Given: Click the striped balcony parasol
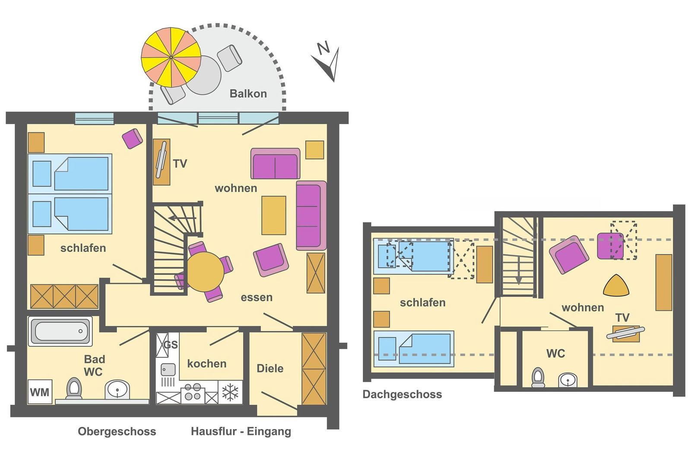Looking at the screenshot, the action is (x=171, y=57).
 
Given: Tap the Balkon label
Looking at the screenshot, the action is (x=248, y=93).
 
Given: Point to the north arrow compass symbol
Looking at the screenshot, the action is (x=327, y=62).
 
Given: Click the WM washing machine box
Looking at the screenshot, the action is (x=40, y=392).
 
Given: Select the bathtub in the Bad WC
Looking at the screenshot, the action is (x=60, y=331).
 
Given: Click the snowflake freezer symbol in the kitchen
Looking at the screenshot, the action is (x=230, y=392).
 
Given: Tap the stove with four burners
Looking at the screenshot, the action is (x=193, y=393).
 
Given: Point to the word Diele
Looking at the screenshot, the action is (x=270, y=368).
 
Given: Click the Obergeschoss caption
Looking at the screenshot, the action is (x=117, y=431).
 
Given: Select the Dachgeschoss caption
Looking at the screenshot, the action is (x=402, y=394).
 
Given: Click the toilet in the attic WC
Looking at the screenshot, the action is (x=538, y=377).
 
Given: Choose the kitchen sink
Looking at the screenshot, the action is (x=168, y=370).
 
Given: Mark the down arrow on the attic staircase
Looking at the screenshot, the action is (x=519, y=270).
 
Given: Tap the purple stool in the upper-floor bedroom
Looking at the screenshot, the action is (x=132, y=139).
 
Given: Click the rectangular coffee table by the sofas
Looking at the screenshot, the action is (x=274, y=216).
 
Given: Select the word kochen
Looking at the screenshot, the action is (x=207, y=363).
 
